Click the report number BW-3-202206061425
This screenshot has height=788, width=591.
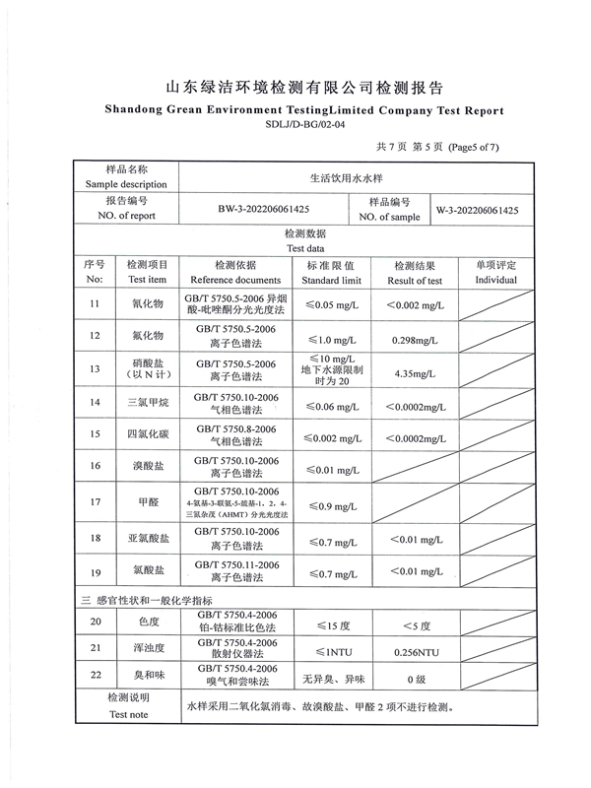click(263, 210)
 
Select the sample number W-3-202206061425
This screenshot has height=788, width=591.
click(478, 210)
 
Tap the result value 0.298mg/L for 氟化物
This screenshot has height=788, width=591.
click(415, 338)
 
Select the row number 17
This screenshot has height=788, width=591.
click(95, 502)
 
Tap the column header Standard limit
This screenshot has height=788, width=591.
click(332, 281)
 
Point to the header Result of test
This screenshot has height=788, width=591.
click(415, 281)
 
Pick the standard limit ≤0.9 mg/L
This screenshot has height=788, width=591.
click(332, 506)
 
